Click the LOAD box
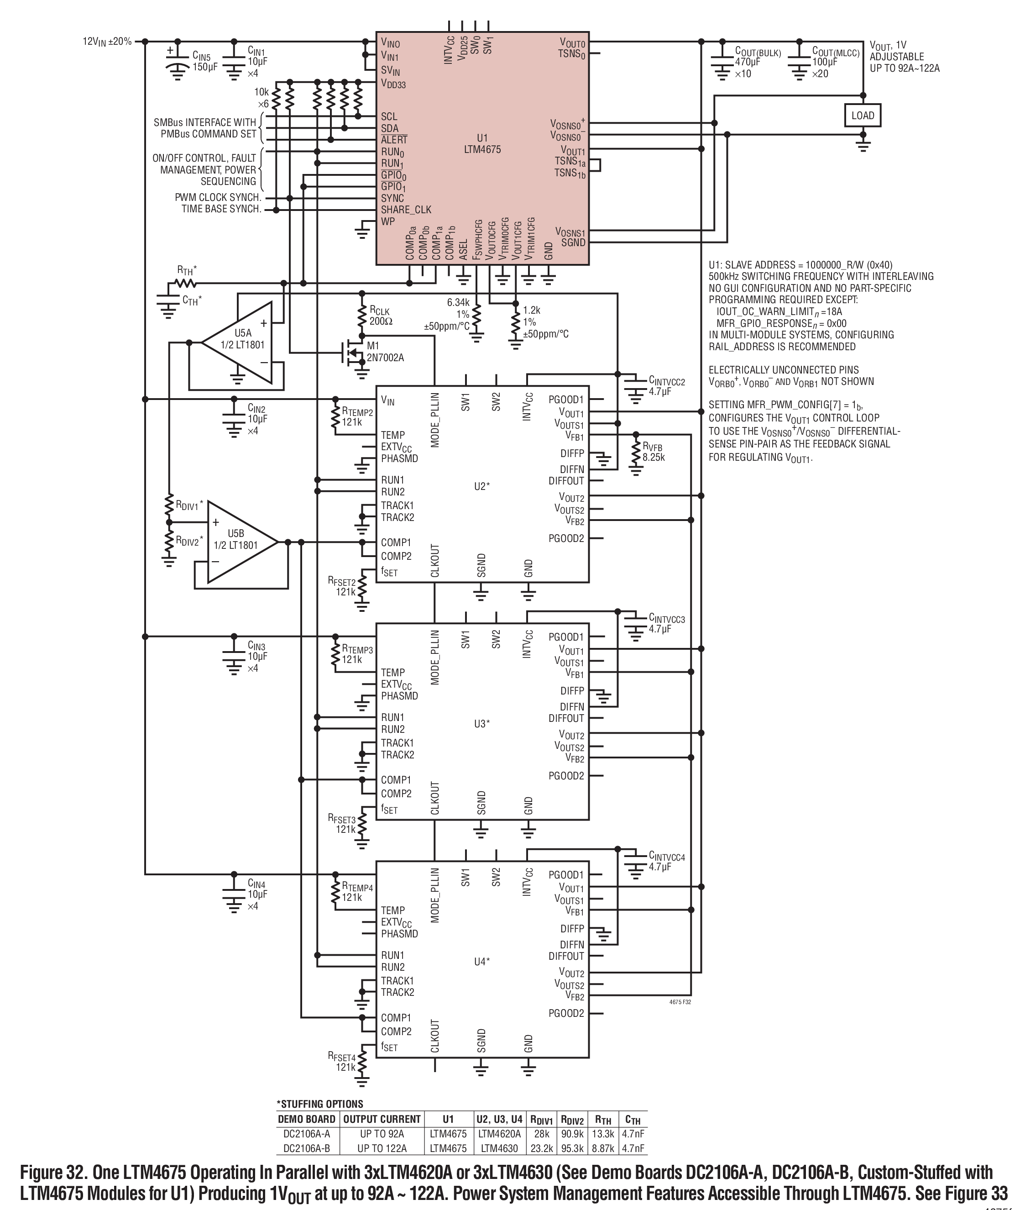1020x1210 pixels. pyautogui.click(x=862, y=116)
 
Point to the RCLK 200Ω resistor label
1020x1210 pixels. pyautogui.click(x=380, y=316)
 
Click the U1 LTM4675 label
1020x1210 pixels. pyautogui.click(x=481, y=143)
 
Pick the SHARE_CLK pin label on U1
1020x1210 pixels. pyautogui.click(x=406, y=210)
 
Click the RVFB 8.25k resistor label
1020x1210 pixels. pyautogui.click(x=653, y=452)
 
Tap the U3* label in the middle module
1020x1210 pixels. pyautogui.click(x=481, y=724)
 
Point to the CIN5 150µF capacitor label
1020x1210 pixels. pyautogui.click(x=205, y=61)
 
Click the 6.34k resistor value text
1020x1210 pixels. pyautogui.click(x=458, y=302)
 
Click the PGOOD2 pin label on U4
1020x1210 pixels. pyautogui.click(x=566, y=1013)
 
